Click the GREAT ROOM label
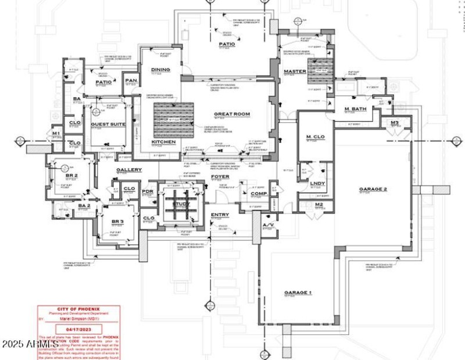coord(231,114)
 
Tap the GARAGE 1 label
coord(298,292)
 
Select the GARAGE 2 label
coord(373,189)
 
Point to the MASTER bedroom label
coord(295,72)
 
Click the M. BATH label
coord(354,109)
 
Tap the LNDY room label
coord(317,184)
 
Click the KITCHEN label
coord(163,142)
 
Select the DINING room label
coord(160,70)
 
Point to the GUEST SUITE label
coord(108,124)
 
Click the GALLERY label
coord(129,170)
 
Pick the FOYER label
coord(220,176)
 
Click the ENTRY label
coord(220,215)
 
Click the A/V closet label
coord(268,224)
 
